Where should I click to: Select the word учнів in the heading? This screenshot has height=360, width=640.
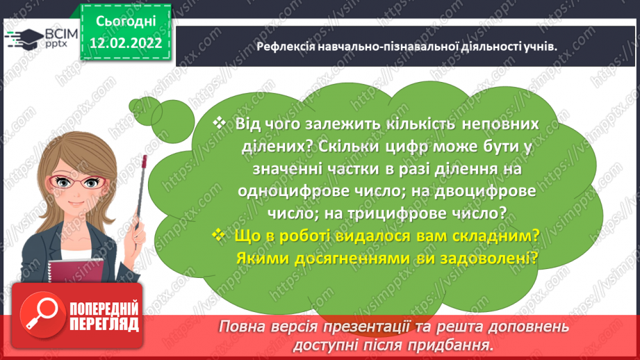(542, 46)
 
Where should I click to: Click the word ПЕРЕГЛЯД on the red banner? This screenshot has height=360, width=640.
(105, 324)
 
